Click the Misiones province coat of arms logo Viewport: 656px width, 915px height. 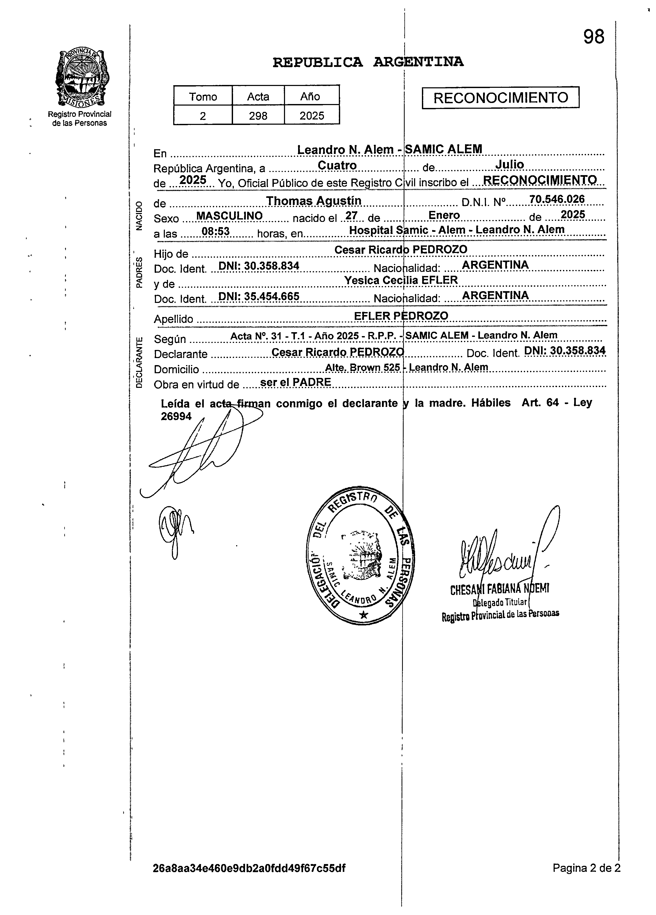pyautogui.click(x=83, y=77)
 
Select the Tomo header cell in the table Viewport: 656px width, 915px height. pyautogui.click(x=203, y=97)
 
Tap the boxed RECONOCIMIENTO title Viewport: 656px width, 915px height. pyautogui.click(x=500, y=98)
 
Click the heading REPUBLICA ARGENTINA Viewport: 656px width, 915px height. pyautogui.click(x=368, y=62)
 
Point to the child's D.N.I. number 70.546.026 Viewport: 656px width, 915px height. pyautogui.click(x=557, y=199)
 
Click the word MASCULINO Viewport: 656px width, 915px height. pyautogui.click(x=229, y=216)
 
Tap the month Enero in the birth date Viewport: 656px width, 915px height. pyautogui.click(x=444, y=215)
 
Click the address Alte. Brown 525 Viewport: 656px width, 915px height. pyautogui.click(x=362, y=367)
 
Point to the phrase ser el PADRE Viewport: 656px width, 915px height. pyautogui.click(x=295, y=382)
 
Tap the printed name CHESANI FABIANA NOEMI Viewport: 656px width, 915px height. pyautogui.click(x=499, y=589)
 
